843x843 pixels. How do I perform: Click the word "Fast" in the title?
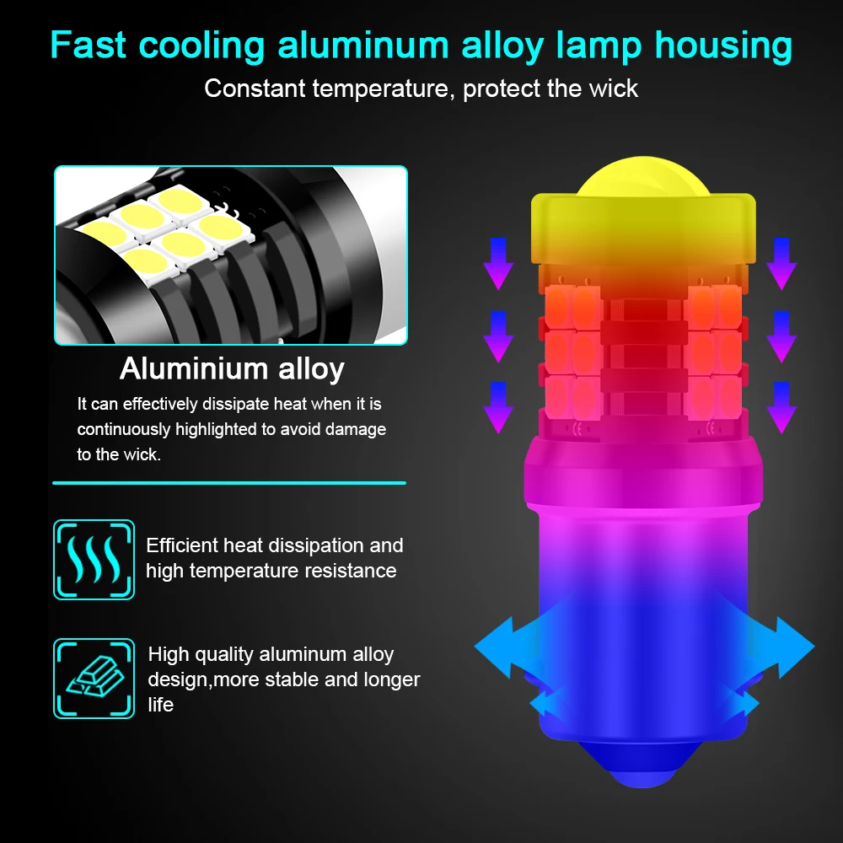pyautogui.click(x=88, y=46)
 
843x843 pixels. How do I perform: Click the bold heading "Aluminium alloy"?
pyautogui.click(x=232, y=368)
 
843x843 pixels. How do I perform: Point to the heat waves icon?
pyautogui.click(x=94, y=559)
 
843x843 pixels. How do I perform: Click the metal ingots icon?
pyautogui.click(x=94, y=678)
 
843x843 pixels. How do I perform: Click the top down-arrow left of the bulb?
pyautogui.click(x=497, y=262)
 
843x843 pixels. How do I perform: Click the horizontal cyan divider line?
pyautogui.click(x=229, y=483)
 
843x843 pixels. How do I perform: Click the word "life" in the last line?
pyautogui.click(x=160, y=705)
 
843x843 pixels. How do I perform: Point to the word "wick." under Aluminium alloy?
pyautogui.click(x=138, y=454)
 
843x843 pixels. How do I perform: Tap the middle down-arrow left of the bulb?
pyautogui.click(x=497, y=335)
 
